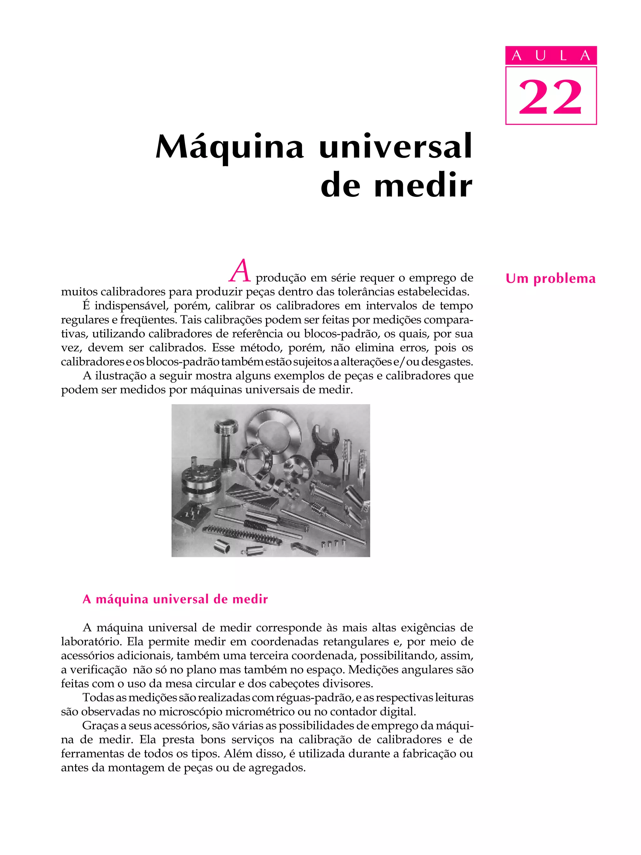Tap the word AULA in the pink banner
[551, 56]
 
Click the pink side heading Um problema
[550, 279]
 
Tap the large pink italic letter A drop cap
[240, 271]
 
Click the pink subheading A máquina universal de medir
[175, 599]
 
